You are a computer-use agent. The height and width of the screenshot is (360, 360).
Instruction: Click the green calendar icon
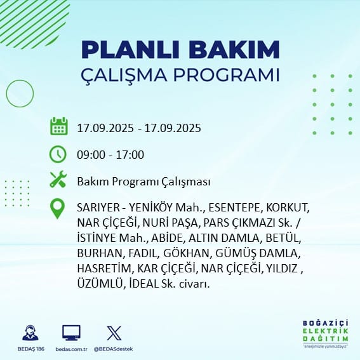coord(59,126)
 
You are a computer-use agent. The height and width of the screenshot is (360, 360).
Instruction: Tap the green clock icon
coord(58,154)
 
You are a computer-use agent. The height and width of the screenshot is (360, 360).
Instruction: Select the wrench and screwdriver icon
coord(58,179)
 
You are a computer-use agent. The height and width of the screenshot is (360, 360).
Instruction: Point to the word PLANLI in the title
coord(130,50)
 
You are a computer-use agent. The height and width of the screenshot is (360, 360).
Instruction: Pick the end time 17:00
coord(130,155)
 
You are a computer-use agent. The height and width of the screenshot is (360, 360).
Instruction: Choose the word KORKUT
coord(288,208)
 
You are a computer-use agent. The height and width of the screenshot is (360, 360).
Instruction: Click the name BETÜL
coord(283,238)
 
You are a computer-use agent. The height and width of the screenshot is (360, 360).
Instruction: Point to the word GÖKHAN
coord(187,253)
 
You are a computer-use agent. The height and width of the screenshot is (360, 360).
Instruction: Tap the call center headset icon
coord(30,333)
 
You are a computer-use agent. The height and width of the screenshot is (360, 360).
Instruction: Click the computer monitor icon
coord(71,333)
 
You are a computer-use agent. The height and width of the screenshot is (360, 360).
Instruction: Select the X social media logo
coord(114,333)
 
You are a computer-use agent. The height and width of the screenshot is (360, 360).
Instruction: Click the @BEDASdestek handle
coord(113,349)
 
